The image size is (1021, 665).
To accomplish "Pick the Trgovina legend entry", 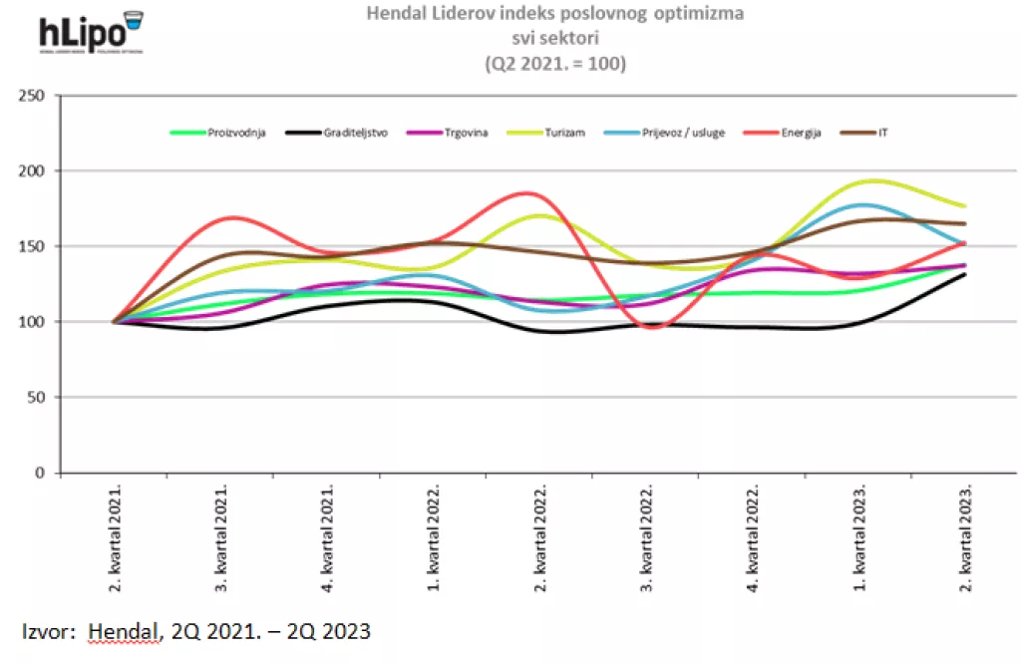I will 466,133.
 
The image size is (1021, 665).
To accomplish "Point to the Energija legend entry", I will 800,133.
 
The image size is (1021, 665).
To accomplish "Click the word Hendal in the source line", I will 122,631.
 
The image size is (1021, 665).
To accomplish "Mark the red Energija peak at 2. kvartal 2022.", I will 528,193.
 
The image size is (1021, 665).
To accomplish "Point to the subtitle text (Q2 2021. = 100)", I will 554,64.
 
